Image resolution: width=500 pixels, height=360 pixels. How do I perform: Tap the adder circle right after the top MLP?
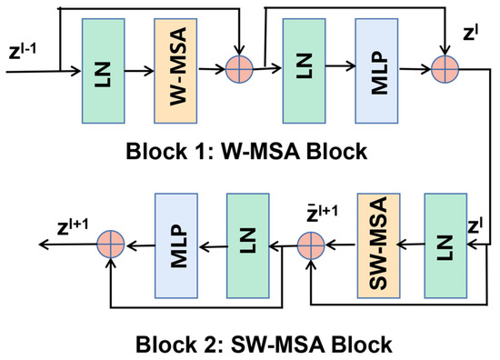click(x=445, y=68)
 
